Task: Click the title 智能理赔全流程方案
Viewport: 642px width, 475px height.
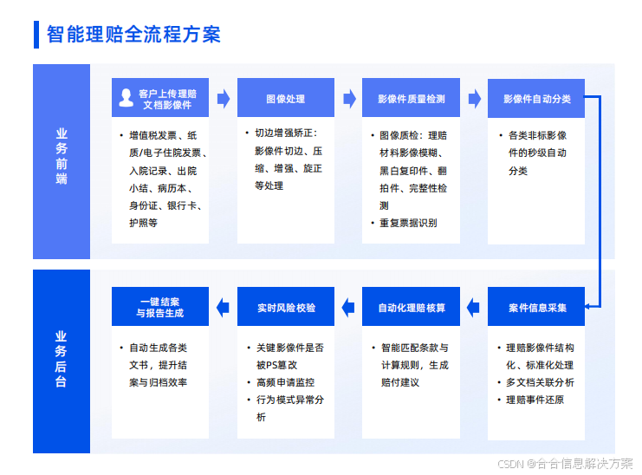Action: pyautogui.click(x=133, y=34)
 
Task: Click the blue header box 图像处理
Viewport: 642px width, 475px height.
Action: pyautogui.click(x=285, y=99)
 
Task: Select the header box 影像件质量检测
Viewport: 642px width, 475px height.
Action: pyautogui.click(x=411, y=99)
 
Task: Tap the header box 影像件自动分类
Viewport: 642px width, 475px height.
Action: pyautogui.click(x=536, y=99)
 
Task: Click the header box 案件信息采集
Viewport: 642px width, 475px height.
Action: pyautogui.click(x=536, y=307)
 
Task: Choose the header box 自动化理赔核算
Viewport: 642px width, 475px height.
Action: pyautogui.click(x=411, y=307)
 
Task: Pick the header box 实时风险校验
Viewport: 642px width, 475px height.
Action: pyautogui.click(x=285, y=307)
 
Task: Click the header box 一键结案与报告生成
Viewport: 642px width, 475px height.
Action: pyautogui.click(x=160, y=307)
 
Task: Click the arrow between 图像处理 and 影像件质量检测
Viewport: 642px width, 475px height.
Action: pyautogui.click(x=349, y=99)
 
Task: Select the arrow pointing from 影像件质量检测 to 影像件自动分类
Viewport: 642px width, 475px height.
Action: pyautogui.click(x=475, y=99)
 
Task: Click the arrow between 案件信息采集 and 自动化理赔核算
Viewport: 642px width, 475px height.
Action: pyautogui.click(x=474, y=307)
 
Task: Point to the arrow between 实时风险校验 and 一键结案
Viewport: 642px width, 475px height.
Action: pyautogui.click(x=223, y=307)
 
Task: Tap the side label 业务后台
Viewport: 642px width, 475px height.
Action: pyautogui.click(x=62, y=359)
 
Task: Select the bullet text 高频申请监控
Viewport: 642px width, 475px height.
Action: pyautogui.click(x=284, y=382)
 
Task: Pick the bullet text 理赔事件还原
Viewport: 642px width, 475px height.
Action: pyautogui.click(x=535, y=400)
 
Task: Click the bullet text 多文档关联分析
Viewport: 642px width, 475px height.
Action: pyautogui.click(x=540, y=382)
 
